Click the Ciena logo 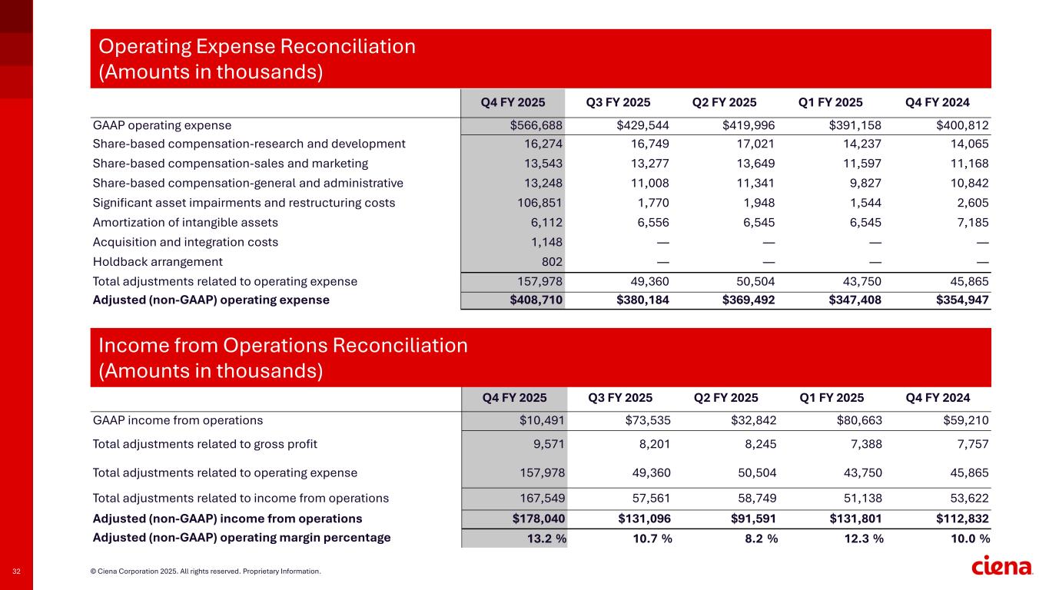pyautogui.click(x=1002, y=567)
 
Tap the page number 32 pyautogui.click(x=16, y=572)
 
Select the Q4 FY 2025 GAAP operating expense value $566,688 pyautogui.click(x=538, y=124)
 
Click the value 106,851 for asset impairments pyautogui.click(x=542, y=203)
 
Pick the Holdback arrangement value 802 pyautogui.click(x=553, y=261)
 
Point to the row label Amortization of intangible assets pyautogui.click(x=185, y=222)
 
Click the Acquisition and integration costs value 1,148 pyautogui.click(x=549, y=242)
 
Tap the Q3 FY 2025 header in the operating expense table pyautogui.click(x=618, y=102)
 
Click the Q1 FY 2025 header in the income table pyautogui.click(x=832, y=398)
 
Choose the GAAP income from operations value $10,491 pyautogui.click(x=541, y=420)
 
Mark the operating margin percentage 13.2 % pyautogui.click(x=546, y=539)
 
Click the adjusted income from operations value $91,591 pyautogui.click(x=750, y=518)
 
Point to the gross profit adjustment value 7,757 pyautogui.click(x=971, y=443)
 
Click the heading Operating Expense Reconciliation pyautogui.click(x=257, y=47)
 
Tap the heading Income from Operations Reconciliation pyautogui.click(x=283, y=346)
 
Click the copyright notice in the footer pyautogui.click(x=205, y=572)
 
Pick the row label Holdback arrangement pyautogui.click(x=158, y=261)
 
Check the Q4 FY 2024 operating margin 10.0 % pyautogui.click(x=967, y=539)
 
